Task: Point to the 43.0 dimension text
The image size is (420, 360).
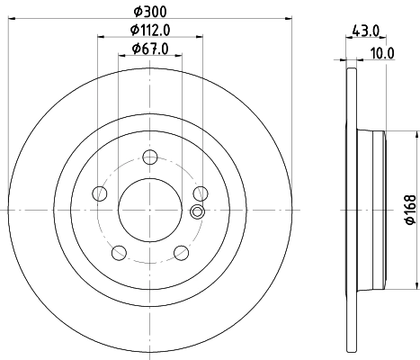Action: (366, 31)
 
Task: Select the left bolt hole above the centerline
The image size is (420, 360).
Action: (99, 192)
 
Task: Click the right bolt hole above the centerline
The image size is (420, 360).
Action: (201, 192)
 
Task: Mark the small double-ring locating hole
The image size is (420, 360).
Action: (198, 212)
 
